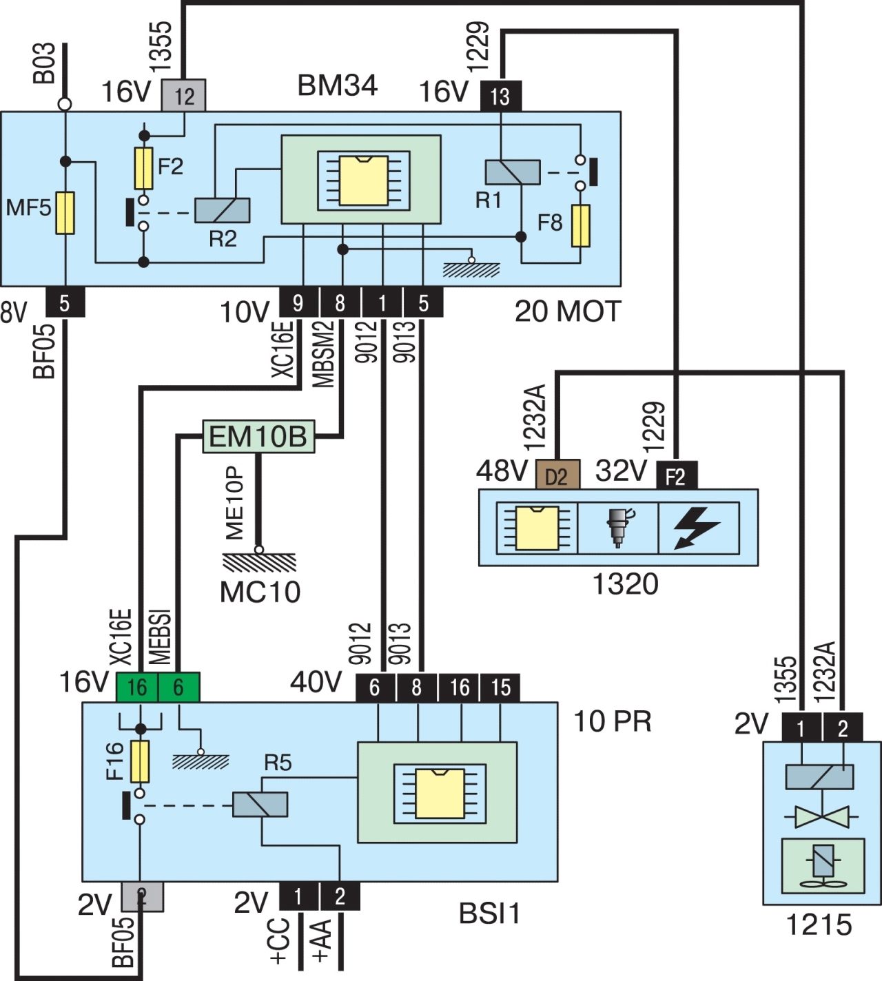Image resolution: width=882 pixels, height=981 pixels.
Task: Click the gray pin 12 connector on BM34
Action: (x=183, y=96)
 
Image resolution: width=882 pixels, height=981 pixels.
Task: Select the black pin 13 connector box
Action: (x=500, y=96)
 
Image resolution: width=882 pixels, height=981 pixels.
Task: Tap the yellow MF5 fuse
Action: (x=65, y=213)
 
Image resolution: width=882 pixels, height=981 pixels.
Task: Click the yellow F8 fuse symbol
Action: (x=582, y=225)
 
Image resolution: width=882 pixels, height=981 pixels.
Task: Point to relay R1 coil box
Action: (x=513, y=172)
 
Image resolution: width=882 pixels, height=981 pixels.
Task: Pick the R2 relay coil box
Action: (x=222, y=210)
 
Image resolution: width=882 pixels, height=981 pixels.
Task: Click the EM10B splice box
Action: (x=258, y=437)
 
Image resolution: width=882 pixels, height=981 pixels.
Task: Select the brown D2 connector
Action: (x=557, y=475)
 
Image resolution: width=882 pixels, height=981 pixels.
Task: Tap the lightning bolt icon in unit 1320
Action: (x=698, y=528)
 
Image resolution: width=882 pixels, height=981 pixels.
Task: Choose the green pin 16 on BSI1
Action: (x=137, y=688)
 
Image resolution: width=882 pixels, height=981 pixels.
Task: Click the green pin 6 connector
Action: (x=179, y=688)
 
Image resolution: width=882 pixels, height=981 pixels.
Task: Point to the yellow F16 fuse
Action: (x=140, y=762)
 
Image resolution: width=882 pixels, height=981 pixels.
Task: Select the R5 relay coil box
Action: (x=260, y=804)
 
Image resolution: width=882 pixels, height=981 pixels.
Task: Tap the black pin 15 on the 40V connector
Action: (x=500, y=688)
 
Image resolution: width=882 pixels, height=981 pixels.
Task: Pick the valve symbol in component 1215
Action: (x=819, y=817)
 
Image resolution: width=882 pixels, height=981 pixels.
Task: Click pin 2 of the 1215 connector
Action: (x=842, y=728)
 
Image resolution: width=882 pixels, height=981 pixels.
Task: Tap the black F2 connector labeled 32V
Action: (x=676, y=475)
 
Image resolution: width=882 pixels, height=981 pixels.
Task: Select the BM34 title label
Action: (x=337, y=85)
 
